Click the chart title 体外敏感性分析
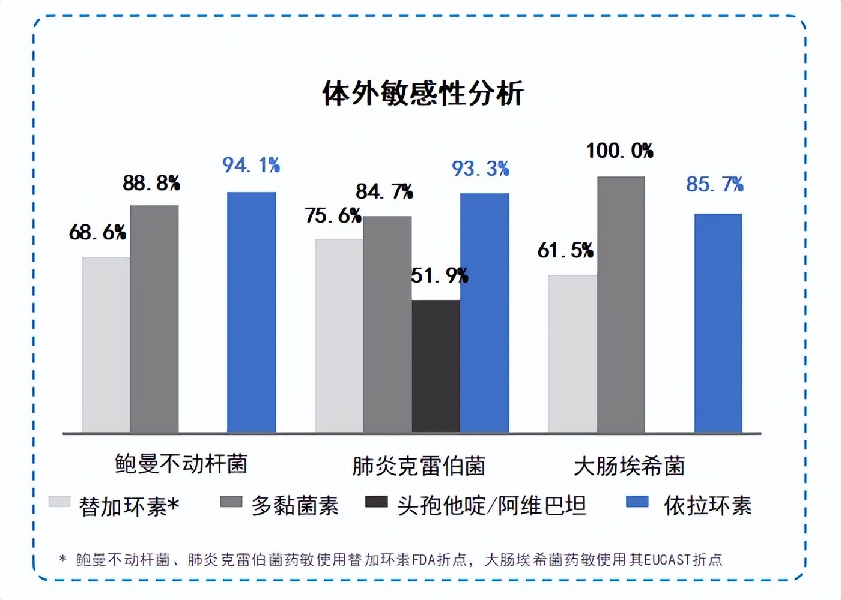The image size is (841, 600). point(422,94)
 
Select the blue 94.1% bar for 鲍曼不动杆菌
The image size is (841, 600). point(251,312)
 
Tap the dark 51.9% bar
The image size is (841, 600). point(436,366)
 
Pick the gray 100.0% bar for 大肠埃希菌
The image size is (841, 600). point(621,305)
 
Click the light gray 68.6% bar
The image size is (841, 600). point(106,345)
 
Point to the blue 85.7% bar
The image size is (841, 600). point(718,323)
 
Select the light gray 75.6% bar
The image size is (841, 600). point(339,336)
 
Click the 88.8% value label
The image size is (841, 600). point(151,183)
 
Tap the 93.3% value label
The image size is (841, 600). point(480,169)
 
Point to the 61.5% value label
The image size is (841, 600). point(565,250)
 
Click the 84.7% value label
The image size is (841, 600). point(384,191)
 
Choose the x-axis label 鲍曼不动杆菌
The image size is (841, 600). point(181,464)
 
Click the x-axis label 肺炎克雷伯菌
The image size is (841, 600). point(419,466)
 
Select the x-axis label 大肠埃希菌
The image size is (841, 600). point(629,466)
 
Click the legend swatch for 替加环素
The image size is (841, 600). point(59,502)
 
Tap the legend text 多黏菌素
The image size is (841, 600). point(295,506)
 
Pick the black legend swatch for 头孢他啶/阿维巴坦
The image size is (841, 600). point(376,502)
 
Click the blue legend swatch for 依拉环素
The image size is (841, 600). point(637,502)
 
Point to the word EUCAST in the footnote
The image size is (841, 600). point(667,560)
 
